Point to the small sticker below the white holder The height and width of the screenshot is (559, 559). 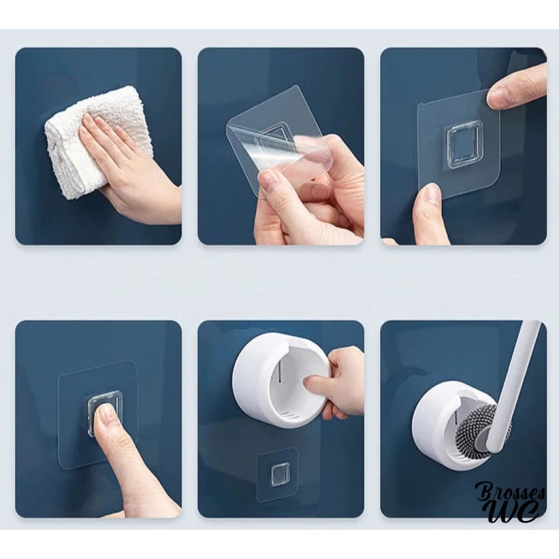(x=277, y=471)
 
